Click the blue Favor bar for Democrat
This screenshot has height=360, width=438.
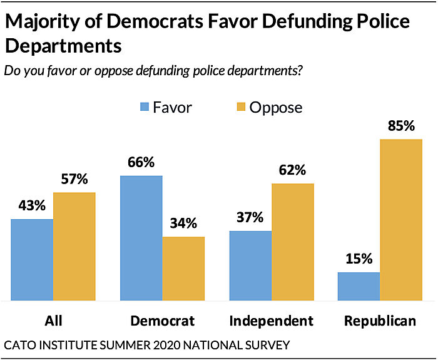(141, 238)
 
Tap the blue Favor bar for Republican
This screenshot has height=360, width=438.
(358, 286)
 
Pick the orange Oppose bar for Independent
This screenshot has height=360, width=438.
(292, 242)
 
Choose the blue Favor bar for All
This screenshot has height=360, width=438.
(32, 259)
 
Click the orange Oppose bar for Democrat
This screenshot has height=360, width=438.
(183, 268)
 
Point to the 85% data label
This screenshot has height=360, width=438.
(401, 125)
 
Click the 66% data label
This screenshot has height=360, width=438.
(141, 162)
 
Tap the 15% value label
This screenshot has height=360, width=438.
(358, 258)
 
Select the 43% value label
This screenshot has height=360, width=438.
(32, 206)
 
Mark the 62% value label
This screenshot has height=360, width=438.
(292, 170)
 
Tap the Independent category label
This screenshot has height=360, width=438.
(271, 321)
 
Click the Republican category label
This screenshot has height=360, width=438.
(380, 321)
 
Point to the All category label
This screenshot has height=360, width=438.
(54, 321)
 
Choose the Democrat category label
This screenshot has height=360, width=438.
(163, 321)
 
